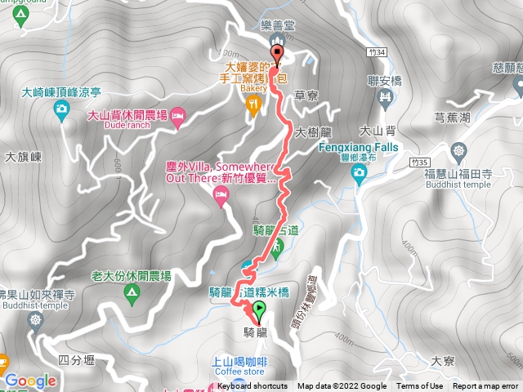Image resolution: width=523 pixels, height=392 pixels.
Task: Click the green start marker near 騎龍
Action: click(x=260, y=310)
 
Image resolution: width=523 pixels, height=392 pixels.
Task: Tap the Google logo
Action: click(x=29, y=381)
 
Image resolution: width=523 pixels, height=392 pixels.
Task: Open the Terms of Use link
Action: click(x=420, y=386)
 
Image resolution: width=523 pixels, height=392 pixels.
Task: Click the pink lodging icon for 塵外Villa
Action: click(x=219, y=194)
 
